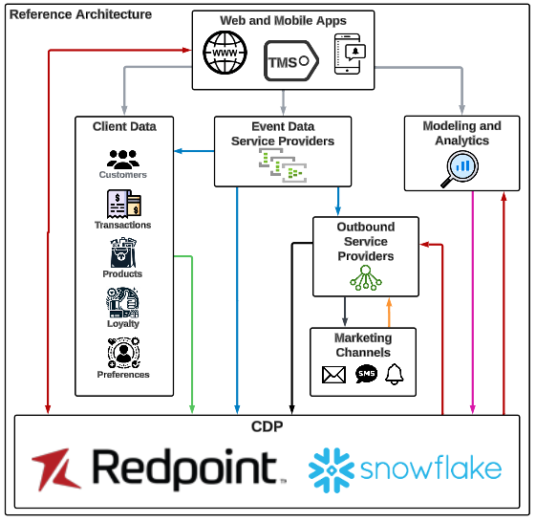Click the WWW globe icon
click(226, 54)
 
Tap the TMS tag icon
click(289, 61)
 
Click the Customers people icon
click(123, 159)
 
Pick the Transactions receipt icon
click(123, 205)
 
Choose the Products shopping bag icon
click(123, 253)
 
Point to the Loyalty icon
click(123, 303)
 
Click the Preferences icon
click(123, 354)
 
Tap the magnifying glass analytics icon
click(461, 168)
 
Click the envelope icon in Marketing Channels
click(333, 375)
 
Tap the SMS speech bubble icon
click(366, 375)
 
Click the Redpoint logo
click(159, 468)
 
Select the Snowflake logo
click(405, 468)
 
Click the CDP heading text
click(268, 425)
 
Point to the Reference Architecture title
click(80, 14)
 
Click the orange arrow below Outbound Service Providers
click(388, 312)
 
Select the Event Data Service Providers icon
click(283, 165)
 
